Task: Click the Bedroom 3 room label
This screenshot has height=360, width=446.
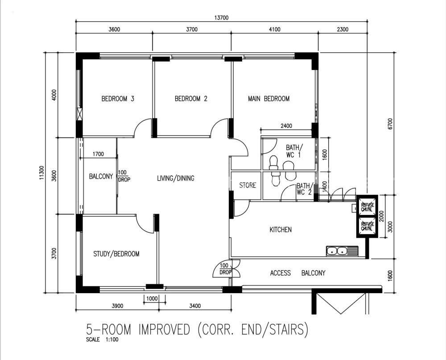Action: click(x=118, y=99)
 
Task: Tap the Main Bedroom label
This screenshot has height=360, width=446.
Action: click(x=269, y=99)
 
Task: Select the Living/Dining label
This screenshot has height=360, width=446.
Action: click(x=176, y=178)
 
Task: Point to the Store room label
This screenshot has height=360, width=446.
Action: click(x=248, y=185)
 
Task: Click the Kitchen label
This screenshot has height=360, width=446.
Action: click(x=281, y=230)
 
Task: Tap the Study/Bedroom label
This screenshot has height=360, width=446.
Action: click(x=116, y=254)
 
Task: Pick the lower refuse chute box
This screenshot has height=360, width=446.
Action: click(x=367, y=227)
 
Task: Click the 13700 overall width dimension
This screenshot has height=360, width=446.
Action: click(x=221, y=18)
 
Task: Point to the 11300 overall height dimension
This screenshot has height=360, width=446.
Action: click(x=42, y=173)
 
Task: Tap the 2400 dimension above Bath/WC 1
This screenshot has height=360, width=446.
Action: click(x=286, y=126)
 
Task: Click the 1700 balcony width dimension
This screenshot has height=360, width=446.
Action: click(x=98, y=154)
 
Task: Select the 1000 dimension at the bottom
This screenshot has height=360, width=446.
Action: click(x=152, y=299)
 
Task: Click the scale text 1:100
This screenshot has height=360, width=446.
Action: click(x=112, y=339)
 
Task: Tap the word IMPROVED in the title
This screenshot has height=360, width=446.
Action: click(x=164, y=330)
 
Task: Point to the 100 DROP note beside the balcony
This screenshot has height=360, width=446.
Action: click(x=124, y=176)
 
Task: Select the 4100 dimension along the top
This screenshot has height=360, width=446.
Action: click(x=274, y=29)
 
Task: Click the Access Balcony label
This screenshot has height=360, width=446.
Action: click(x=297, y=273)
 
